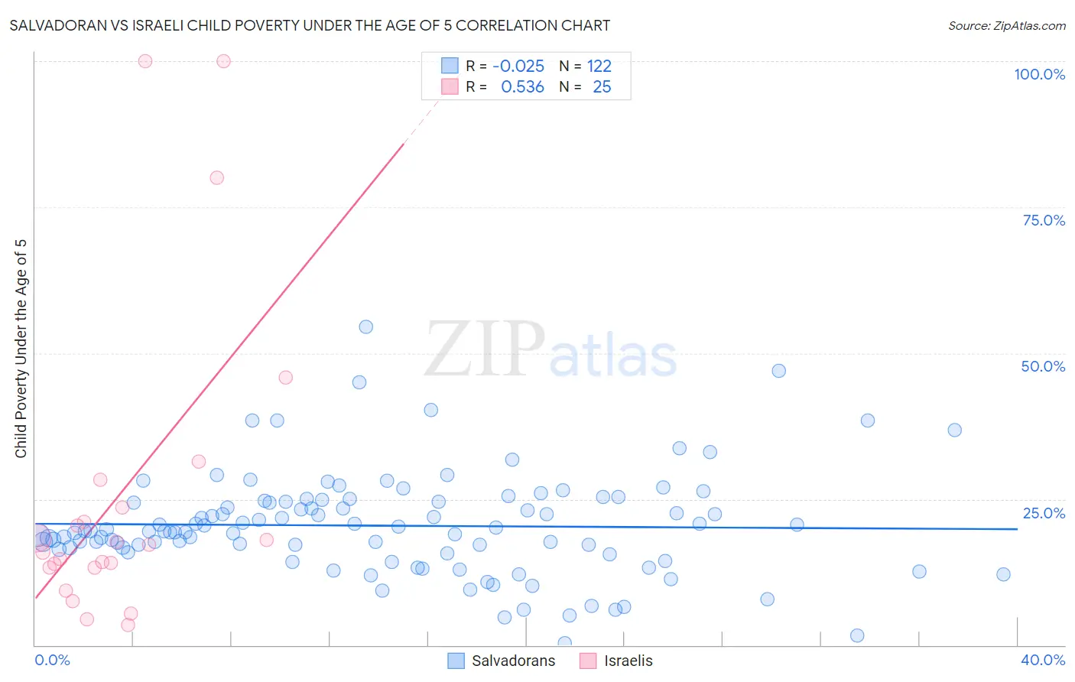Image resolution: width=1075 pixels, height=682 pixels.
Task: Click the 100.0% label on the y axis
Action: (x=1039, y=74)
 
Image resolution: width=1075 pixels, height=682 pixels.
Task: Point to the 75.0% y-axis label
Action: (x=1044, y=220)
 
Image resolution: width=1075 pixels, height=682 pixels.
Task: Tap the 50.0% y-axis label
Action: (x=1043, y=366)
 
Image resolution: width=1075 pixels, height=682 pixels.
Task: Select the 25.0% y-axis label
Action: (x=1044, y=513)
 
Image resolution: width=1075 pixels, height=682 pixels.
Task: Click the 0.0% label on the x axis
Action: (x=52, y=660)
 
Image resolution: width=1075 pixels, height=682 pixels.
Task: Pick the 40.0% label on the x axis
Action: (x=1043, y=660)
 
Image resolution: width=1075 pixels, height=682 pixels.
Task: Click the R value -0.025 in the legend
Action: (x=518, y=67)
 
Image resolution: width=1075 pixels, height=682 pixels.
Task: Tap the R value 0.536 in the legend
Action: (x=522, y=87)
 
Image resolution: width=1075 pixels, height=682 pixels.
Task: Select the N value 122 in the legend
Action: (x=599, y=67)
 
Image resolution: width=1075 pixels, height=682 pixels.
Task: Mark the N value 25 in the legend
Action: (x=602, y=87)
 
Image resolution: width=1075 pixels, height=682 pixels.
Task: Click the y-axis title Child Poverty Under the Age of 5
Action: (x=21, y=349)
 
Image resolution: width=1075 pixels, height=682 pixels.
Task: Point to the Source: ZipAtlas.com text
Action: (x=1006, y=26)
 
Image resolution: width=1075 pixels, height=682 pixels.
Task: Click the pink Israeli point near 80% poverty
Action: (x=217, y=177)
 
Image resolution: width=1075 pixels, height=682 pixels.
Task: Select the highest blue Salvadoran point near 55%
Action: (x=366, y=326)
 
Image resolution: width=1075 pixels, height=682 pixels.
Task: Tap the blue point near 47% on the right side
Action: (x=778, y=371)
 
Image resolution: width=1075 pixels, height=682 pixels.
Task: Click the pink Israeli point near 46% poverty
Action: (x=286, y=377)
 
